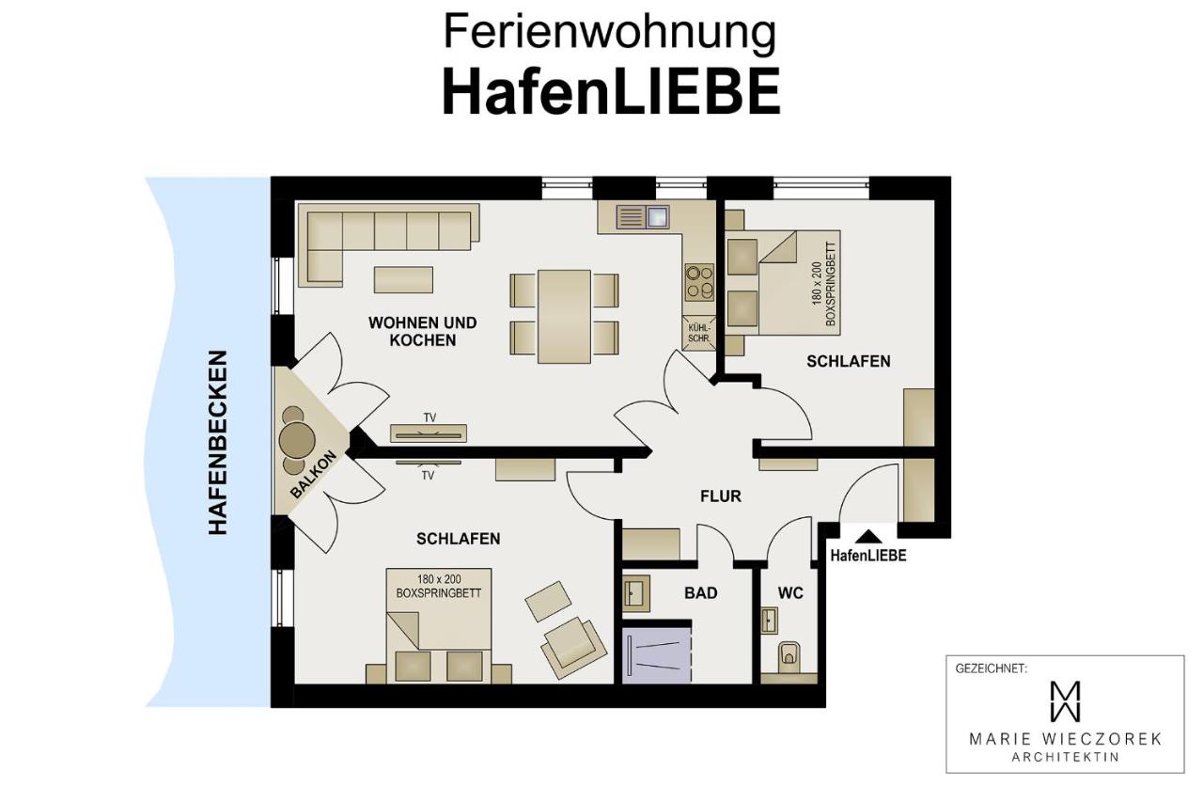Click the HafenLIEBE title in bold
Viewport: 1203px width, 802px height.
(610, 92)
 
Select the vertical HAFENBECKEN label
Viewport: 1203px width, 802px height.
(218, 443)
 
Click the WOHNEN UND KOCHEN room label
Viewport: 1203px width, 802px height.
(422, 331)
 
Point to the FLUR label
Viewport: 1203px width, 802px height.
(721, 495)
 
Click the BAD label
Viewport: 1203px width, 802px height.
(700, 592)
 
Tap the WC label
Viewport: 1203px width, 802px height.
(790, 593)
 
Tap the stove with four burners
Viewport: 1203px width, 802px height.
(699, 280)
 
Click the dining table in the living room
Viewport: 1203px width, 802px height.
(564, 316)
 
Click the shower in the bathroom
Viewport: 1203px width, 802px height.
(657, 651)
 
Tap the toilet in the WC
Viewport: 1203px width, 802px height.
(789, 654)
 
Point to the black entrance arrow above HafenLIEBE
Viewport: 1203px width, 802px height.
(869, 537)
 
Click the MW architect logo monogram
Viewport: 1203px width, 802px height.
(1064, 700)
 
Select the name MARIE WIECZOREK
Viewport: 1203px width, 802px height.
(1065, 739)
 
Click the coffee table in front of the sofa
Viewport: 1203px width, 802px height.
(403, 280)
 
